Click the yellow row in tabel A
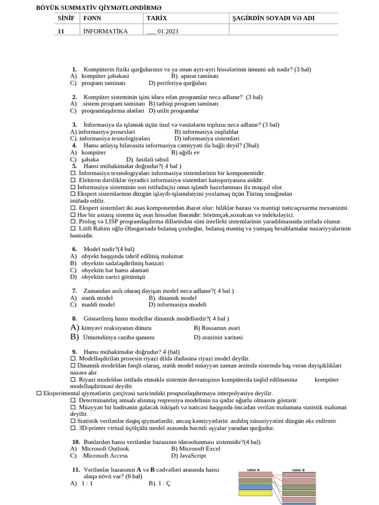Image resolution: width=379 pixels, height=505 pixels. click(255, 493)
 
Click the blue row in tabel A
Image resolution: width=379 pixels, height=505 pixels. click(255, 487)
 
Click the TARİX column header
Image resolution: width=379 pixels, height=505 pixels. click(157, 18)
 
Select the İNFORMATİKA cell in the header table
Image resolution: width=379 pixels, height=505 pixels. click(105, 31)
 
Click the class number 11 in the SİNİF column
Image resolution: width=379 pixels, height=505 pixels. click(61, 31)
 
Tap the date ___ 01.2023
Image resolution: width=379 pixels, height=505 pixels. click(162, 31)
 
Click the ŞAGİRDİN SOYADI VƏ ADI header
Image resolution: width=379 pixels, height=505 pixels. click(273, 18)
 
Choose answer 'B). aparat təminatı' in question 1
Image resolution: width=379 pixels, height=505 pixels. click(194, 76)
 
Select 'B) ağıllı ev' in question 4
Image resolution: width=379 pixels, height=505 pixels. click(185, 152)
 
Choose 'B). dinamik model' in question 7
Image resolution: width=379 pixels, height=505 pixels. click(172, 298)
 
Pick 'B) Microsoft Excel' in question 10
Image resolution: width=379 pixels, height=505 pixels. click(195, 449)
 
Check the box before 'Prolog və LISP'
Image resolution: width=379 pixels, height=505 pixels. click(73, 222)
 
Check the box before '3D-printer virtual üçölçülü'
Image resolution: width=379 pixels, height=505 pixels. click(73, 428)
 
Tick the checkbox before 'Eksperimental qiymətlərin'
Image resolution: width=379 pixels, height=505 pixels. click(39, 394)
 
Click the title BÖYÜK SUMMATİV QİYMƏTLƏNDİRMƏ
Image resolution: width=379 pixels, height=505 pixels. click(99, 8)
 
